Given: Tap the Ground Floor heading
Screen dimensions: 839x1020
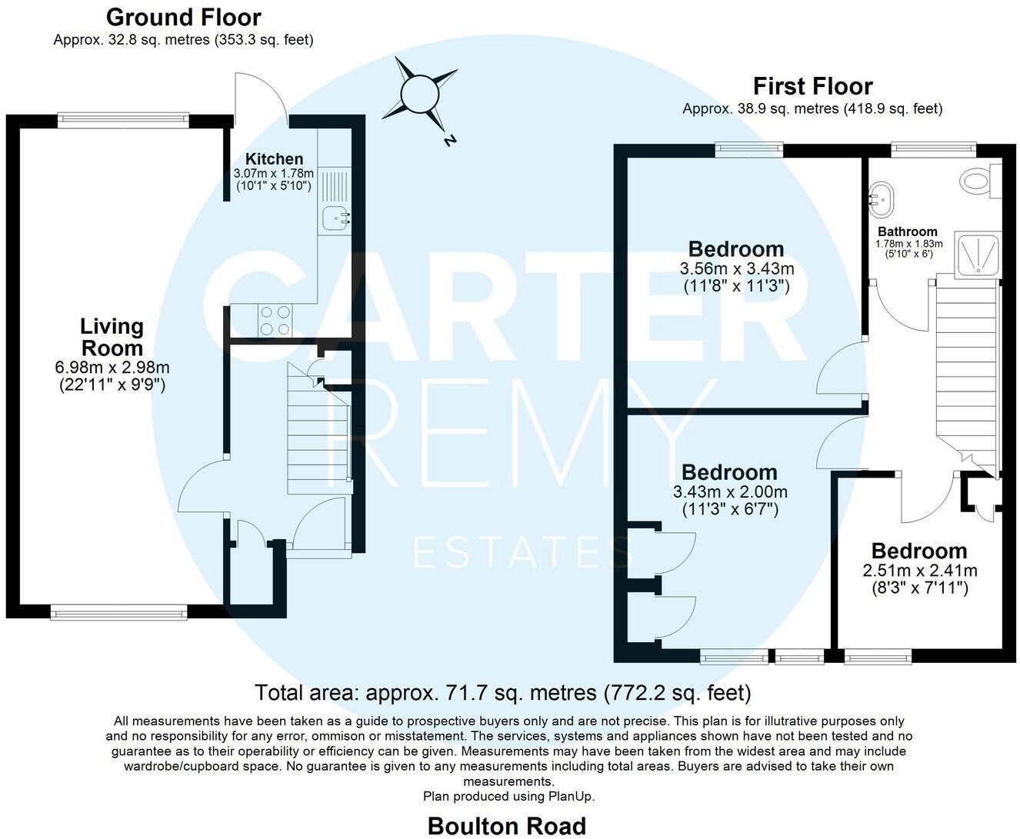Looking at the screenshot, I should tap(183, 17).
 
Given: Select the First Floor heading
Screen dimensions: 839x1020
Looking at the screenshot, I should tap(812, 85).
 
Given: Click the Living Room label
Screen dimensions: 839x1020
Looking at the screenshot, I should tap(113, 337).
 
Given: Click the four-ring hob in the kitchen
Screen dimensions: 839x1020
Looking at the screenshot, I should tap(275, 320).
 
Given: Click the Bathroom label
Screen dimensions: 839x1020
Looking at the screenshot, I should tap(908, 231).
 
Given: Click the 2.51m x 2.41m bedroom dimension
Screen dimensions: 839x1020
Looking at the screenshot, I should tap(919, 571).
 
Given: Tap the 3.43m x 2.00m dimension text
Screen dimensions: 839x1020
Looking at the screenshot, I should tap(730, 491).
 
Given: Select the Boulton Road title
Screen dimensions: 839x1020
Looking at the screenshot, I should tap(507, 826).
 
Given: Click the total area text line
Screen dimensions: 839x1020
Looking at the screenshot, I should tap(503, 693).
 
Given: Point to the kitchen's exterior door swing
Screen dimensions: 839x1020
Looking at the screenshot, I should tap(261, 96).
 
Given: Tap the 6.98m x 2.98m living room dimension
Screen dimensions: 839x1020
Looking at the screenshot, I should tap(113, 367).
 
